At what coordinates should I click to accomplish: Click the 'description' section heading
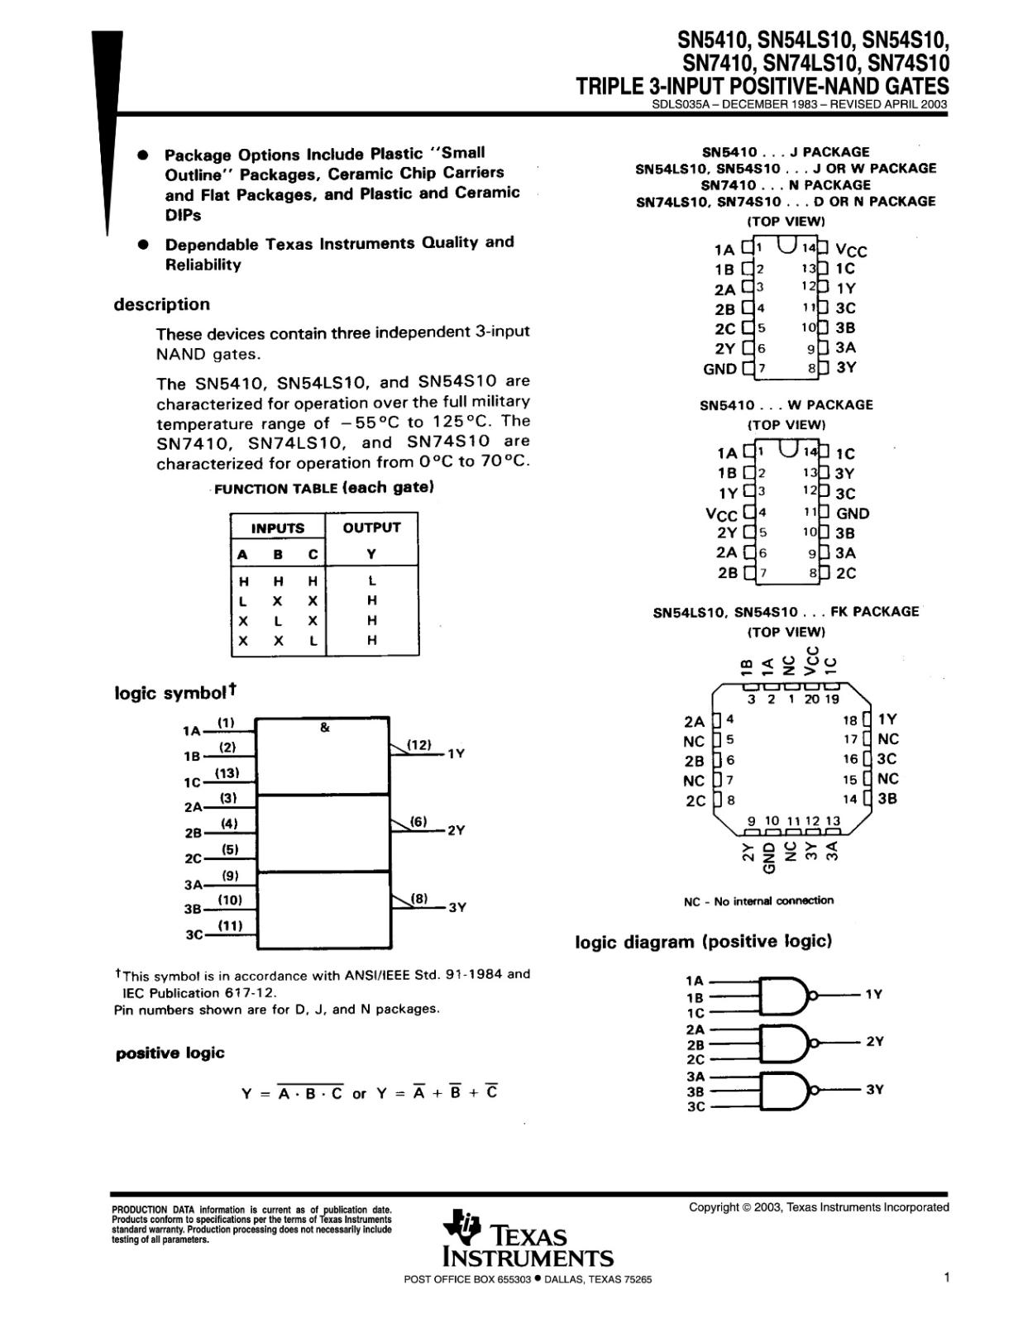162,304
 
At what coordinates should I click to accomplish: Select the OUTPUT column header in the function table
371,528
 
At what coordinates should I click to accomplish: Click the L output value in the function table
372,581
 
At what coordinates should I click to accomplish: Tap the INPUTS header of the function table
278,528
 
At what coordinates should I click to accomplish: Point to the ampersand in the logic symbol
324,728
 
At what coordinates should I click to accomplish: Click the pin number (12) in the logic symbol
419,745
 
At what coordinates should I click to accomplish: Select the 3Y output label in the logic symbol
457,907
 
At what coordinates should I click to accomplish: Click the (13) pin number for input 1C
227,773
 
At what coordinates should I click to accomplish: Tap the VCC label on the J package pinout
851,250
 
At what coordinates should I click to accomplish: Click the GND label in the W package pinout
852,513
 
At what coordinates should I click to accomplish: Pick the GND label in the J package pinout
719,369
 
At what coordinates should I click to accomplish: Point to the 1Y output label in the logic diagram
873,995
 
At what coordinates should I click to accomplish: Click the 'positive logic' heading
170,1053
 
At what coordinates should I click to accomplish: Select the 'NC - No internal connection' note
758,900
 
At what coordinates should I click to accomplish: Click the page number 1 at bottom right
946,1278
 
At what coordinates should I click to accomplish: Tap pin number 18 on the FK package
850,720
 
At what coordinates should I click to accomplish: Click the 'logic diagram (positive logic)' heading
703,941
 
